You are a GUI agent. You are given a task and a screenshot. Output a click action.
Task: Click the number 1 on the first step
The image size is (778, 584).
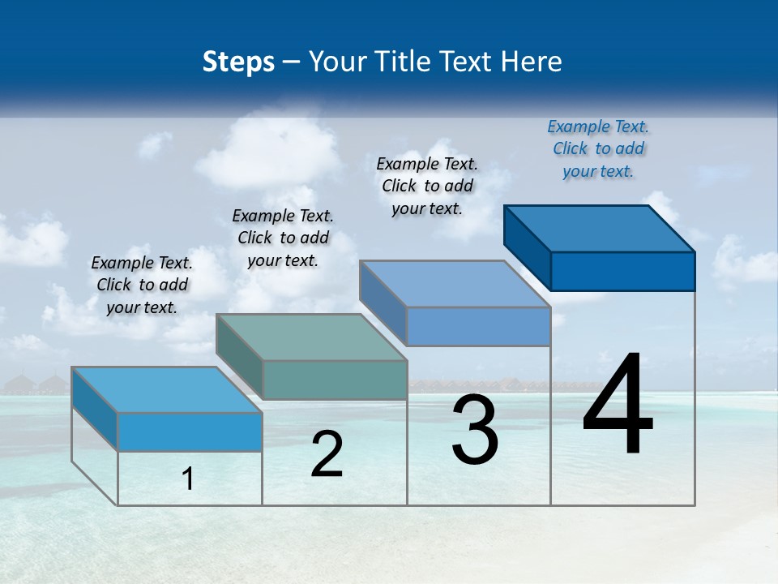click(188, 479)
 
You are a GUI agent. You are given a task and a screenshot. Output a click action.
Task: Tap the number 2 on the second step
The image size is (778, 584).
click(327, 454)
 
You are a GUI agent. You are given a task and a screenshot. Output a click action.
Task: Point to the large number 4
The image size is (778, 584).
click(618, 406)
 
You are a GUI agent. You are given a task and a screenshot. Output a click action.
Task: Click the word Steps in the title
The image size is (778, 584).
click(238, 62)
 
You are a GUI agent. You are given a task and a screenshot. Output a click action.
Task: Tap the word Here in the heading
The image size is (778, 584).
click(532, 62)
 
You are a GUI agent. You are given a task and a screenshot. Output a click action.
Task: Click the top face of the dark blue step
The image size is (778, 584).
click(600, 228)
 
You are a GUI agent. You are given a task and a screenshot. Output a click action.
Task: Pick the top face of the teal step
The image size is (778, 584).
click(311, 337)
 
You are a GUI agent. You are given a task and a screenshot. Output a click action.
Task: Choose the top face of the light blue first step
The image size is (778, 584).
click(167, 390)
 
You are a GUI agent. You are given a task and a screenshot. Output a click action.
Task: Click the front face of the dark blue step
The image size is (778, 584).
click(622, 271)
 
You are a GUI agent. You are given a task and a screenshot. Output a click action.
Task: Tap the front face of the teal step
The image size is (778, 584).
click(335, 380)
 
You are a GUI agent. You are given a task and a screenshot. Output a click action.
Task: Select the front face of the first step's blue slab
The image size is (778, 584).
click(190, 432)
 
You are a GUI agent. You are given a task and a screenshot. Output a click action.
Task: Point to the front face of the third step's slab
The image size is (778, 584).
click(478, 326)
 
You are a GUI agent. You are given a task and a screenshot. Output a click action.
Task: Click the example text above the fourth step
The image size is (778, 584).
click(598, 148)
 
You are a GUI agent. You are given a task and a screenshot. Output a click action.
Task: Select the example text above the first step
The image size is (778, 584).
click(142, 285)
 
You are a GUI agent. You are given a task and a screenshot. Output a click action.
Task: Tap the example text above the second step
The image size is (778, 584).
click(283, 238)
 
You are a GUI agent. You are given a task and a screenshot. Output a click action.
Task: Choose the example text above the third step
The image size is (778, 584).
click(427, 186)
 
